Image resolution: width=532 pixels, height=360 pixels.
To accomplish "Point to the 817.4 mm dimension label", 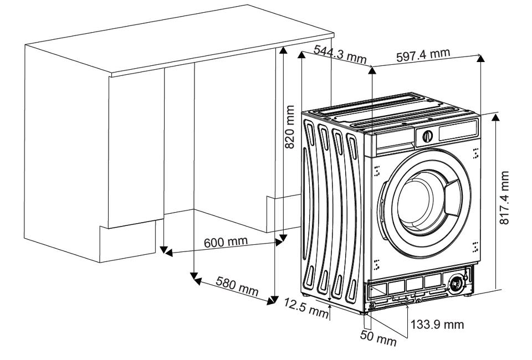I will pos(504,198).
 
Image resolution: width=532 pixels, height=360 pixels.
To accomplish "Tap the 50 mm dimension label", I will pos(378,338).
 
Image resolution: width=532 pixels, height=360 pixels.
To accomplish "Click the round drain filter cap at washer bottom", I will pos(457,283).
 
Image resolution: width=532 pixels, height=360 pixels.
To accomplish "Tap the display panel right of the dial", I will pos(458,131).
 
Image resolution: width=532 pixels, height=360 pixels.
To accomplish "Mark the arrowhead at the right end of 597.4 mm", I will pos(480,57).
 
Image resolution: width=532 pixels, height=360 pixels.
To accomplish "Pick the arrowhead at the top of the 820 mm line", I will pos(283,50).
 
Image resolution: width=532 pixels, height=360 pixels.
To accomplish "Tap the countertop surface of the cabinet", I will pos(177,42).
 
